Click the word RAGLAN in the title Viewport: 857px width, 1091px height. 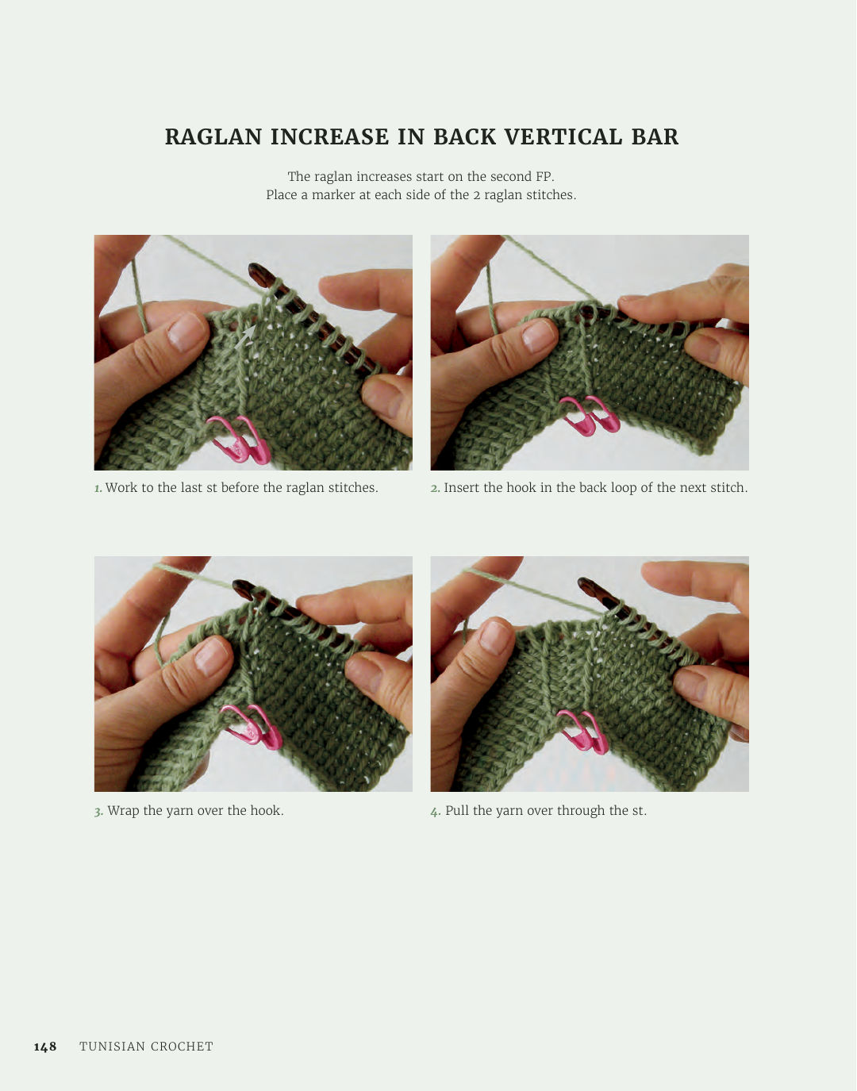tap(213, 136)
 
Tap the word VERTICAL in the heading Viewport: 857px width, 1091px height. tap(561, 136)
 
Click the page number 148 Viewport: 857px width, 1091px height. tap(45, 1047)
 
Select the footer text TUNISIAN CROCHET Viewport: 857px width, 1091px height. tap(146, 1047)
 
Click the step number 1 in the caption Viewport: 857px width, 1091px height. tap(98, 488)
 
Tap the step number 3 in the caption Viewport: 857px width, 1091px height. tap(99, 812)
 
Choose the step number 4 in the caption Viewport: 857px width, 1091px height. tap(436, 812)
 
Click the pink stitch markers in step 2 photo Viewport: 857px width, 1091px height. tap(590, 415)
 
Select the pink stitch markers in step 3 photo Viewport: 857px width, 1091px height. tap(251, 727)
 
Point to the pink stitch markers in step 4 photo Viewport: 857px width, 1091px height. tap(582, 732)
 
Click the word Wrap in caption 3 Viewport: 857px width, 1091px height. tap(123, 812)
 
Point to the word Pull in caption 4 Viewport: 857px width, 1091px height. tap(457, 812)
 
